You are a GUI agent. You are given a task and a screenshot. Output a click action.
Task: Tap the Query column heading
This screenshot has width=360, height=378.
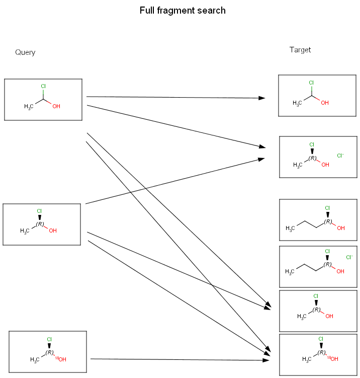pyautogui.click(x=25, y=52)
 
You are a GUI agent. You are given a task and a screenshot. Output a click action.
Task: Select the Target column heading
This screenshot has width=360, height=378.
pyautogui.click(x=300, y=50)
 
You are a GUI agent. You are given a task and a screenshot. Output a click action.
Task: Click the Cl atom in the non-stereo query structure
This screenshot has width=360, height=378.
pyautogui.click(x=43, y=87)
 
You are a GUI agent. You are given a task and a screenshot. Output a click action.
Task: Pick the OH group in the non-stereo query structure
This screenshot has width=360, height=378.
pyautogui.click(x=56, y=107)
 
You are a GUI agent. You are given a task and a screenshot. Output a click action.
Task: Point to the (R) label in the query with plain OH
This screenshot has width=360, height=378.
pyautogui.click(x=40, y=224)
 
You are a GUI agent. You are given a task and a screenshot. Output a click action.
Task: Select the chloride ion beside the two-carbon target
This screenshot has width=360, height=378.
pyautogui.click(x=340, y=156)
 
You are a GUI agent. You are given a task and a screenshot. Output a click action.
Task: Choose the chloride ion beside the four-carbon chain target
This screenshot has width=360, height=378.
pyautogui.click(x=349, y=258)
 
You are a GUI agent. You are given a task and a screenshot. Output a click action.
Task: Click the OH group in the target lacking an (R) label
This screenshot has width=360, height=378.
pyautogui.click(x=325, y=103)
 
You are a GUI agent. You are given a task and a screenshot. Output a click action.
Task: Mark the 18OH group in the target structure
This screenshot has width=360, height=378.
pyautogui.click(x=332, y=359)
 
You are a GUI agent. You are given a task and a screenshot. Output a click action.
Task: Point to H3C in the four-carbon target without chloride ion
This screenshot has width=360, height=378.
pyautogui.click(x=291, y=229)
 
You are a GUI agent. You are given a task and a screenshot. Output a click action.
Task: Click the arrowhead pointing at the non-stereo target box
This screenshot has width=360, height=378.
pyautogui.click(x=262, y=98)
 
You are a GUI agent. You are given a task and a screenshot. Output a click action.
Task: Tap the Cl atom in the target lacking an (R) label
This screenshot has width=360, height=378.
pyautogui.click(x=311, y=83)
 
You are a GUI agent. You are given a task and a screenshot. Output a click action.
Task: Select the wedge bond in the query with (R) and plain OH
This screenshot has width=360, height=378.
pyautogui.click(x=39, y=217)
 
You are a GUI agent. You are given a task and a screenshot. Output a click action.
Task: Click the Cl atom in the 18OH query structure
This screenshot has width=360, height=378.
pyautogui.click(x=49, y=339)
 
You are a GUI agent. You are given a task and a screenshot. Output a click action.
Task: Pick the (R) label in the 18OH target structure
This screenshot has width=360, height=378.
pyautogui.click(x=322, y=352)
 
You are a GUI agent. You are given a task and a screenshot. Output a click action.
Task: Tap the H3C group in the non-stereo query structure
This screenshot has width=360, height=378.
pyautogui.click(x=29, y=107)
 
